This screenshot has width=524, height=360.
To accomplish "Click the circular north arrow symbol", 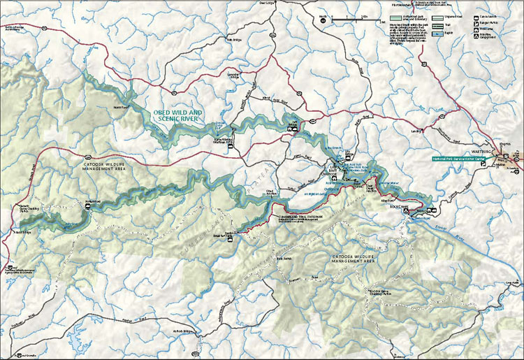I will click(x=323, y=20).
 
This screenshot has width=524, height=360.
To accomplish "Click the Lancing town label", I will click(x=418, y=130).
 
